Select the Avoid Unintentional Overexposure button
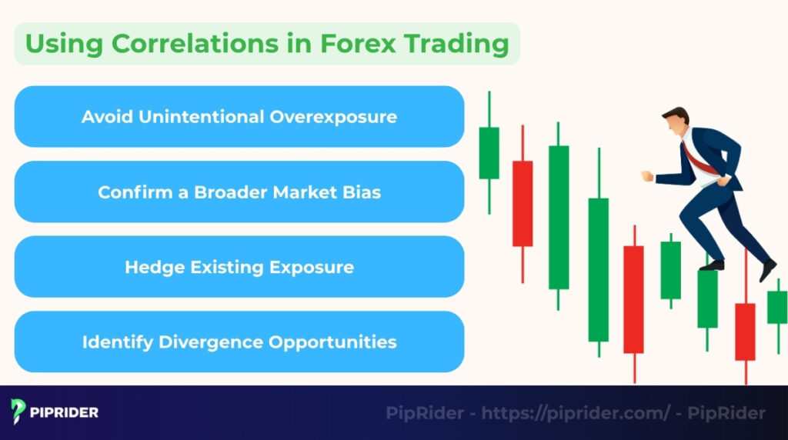coord(239,117)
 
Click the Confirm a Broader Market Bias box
coord(239,192)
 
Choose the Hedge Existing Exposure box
coord(239,267)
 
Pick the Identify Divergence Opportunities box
coord(239,342)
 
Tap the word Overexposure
coord(333,117)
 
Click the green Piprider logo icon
coord(18,412)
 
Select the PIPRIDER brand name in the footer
coord(65,412)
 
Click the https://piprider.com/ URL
coord(576,413)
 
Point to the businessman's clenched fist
coord(647,176)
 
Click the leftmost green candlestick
coord(489,153)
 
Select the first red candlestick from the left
coord(523,203)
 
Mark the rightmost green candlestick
coord(777,306)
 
